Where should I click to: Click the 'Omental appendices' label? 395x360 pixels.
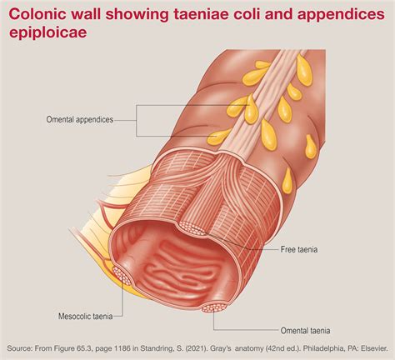[x=80, y=120]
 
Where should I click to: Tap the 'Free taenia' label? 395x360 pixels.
[x=299, y=249]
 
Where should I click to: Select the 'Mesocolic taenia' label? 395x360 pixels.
[x=85, y=316]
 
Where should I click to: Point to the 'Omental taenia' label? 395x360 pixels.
[x=305, y=331]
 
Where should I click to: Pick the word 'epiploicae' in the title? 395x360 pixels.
[x=47, y=32]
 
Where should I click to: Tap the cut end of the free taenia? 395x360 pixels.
[x=192, y=227]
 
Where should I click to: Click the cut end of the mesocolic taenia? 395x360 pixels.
[x=122, y=275]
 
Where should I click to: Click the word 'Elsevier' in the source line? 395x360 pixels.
[x=374, y=348]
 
